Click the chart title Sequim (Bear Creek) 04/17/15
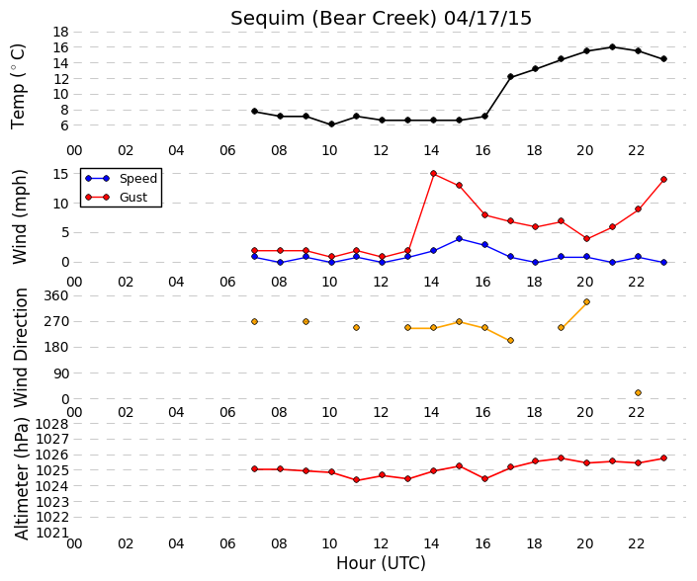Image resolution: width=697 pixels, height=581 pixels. tap(381, 18)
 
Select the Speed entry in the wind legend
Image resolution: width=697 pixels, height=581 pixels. tap(121, 178)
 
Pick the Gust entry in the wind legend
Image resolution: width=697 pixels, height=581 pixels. tap(116, 198)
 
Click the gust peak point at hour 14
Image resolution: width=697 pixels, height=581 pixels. tap(433, 174)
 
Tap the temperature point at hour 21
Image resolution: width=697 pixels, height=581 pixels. tap(613, 47)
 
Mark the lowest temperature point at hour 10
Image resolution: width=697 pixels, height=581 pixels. tap(331, 124)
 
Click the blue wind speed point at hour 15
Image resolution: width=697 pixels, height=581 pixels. tap(459, 239)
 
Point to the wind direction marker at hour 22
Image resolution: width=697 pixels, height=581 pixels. tap(639, 392)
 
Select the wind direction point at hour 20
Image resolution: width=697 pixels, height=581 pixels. tap(586, 302)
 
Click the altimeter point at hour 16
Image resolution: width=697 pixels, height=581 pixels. tap(485, 479)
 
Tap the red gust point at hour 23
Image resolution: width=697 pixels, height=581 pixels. tap(664, 180)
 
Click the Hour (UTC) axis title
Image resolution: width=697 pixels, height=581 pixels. tap(381, 563)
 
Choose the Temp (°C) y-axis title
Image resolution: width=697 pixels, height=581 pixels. tap(18, 86)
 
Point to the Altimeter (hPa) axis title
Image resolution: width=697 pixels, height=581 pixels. tap(22, 478)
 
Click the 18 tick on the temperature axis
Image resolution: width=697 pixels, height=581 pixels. tap(60, 32)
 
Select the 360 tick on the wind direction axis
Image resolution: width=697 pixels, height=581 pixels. tap(56, 295)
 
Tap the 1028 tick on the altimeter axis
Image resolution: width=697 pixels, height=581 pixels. tap(52, 424)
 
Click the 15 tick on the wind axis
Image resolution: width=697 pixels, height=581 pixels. tap(60, 174)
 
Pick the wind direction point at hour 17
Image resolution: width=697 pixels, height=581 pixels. tap(511, 341)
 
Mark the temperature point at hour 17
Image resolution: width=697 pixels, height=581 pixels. tap(511, 77)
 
